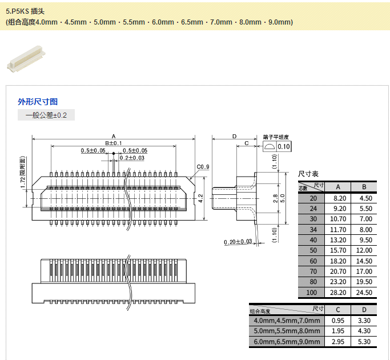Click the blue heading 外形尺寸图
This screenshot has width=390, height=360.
(x=38, y=102)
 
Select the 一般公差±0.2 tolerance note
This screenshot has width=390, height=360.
(x=46, y=115)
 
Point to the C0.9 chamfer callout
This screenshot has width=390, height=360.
(x=203, y=167)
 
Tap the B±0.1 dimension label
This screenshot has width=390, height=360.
(x=113, y=143)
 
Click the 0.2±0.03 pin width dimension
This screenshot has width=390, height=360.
(x=132, y=158)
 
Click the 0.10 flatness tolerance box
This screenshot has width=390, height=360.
(x=284, y=147)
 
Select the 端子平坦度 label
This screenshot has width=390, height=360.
(x=276, y=137)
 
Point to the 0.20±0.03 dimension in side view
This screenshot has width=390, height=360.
(x=238, y=242)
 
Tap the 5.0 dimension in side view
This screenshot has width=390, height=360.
(x=282, y=198)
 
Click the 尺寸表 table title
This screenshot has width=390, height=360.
(x=308, y=173)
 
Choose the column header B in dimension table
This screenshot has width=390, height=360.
(x=364, y=187)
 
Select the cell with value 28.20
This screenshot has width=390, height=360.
(x=338, y=293)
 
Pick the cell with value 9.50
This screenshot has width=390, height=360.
(x=364, y=240)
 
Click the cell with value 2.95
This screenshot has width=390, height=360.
(x=338, y=342)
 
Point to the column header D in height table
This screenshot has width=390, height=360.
(x=364, y=310)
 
